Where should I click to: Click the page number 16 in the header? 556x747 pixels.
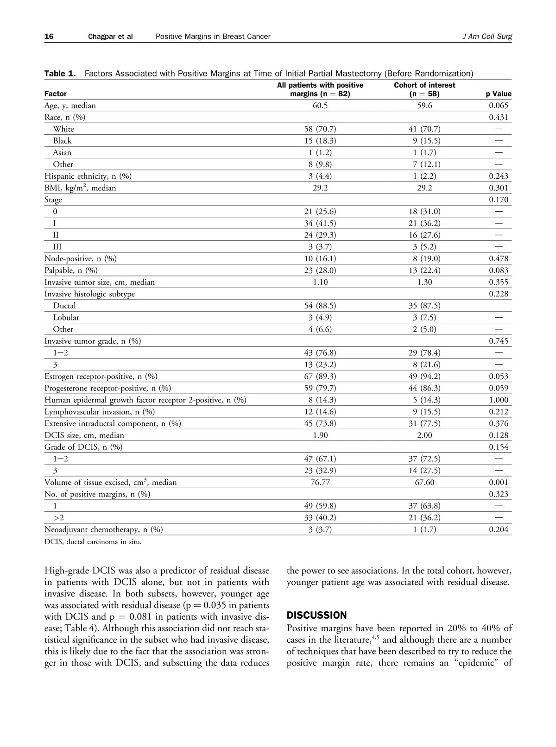click(x=49, y=37)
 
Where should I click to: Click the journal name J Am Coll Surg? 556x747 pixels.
click(x=487, y=37)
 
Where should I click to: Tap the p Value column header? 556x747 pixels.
click(x=499, y=94)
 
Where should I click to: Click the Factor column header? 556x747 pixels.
click(x=56, y=94)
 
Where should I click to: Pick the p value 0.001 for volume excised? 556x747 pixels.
click(x=499, y=483)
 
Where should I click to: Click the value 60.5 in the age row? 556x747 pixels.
click(x=320, y=106)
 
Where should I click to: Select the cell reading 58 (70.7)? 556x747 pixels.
click(x=320, y=129)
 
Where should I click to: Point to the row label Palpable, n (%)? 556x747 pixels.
click(x=71, y=270)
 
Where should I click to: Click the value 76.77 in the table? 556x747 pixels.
click(x=320, y=483)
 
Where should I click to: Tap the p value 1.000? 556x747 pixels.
click(x=499, y=400)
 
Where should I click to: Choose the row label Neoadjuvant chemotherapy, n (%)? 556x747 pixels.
click(x=104, y=529)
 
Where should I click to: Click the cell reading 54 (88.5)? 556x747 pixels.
click(x=320, y=306)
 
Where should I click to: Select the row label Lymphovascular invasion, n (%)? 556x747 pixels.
click(x=100, y=412)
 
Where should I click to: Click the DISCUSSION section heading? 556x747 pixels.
click(x=317, y=615)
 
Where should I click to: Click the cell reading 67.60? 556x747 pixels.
click(x=424, y=483)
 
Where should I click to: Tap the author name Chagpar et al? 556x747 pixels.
click(x=110, y=37)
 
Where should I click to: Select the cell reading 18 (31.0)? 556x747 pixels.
click(x=424, y=212)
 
